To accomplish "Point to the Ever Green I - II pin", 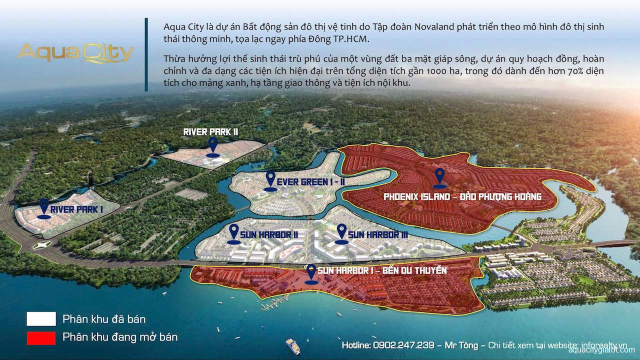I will click(x=270, y=179).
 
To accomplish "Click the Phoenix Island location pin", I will click(x=439, y=176).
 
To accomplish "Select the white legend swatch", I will click(x=41, y=318).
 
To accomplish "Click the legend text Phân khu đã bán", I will click(x=104, y=318).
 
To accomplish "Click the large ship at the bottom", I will click(x=292, y=345).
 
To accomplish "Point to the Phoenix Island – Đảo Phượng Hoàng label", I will click(x=462, y=196).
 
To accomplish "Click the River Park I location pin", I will click(x=44, y=206).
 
